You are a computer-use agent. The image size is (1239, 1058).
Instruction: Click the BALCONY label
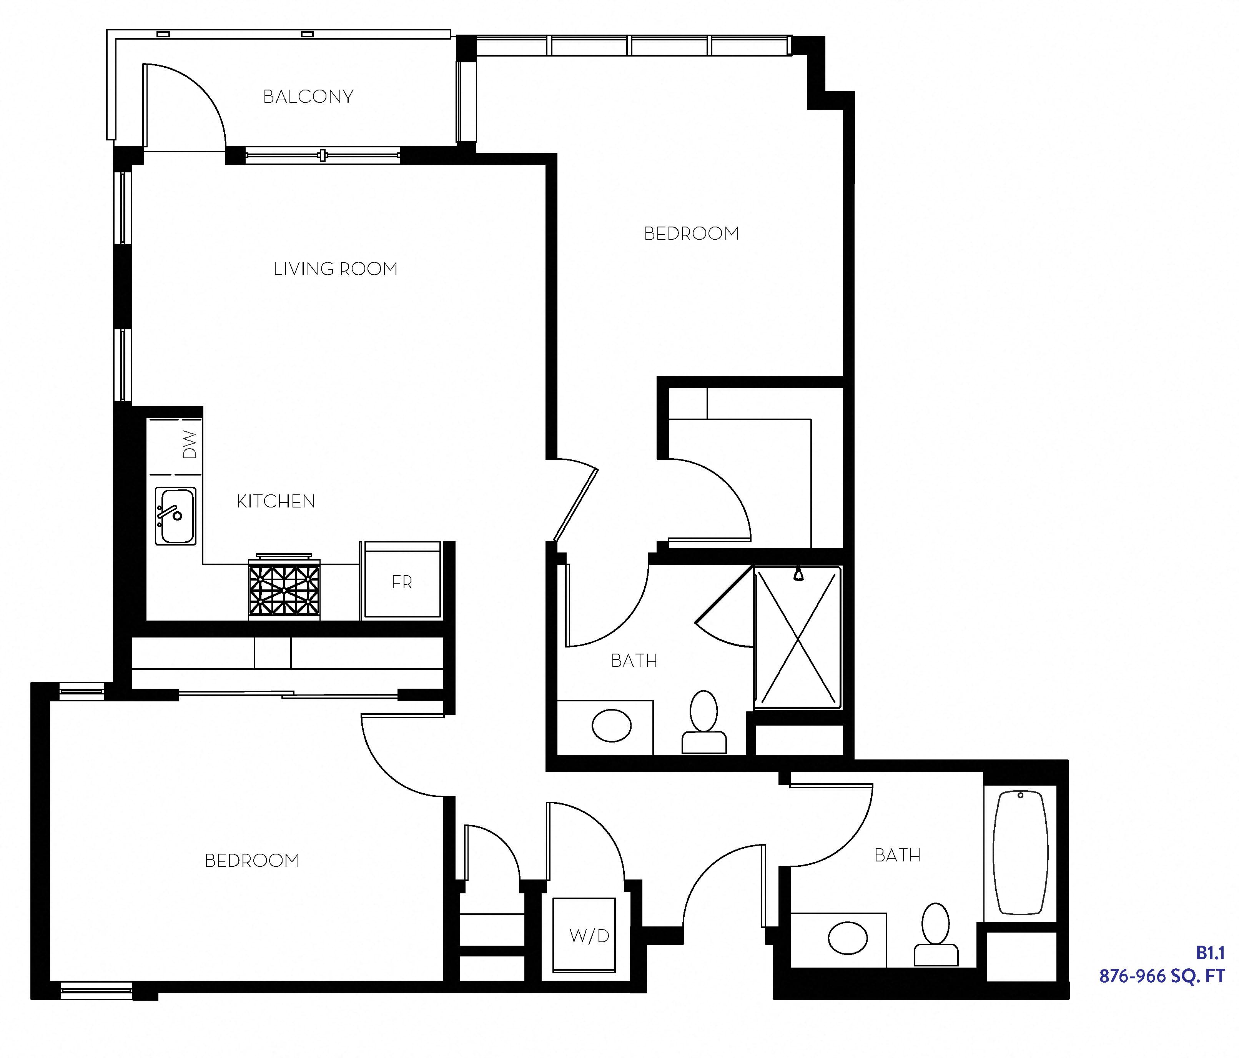(x=308, y=96)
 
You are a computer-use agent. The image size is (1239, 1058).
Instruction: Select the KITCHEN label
(x=276, y=501)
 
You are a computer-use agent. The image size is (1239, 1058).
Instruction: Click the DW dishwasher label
(x=189, y=445)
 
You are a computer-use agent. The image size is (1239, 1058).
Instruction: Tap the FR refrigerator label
(x=402, y=582)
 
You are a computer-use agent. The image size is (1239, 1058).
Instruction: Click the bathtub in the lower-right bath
(x=1020, y=852)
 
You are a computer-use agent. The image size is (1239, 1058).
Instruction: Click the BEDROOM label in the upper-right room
(x=691, y=234)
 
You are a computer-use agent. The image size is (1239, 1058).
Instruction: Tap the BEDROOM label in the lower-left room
(x=252, y=861)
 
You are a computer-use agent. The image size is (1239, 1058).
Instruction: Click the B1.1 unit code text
(x=1210, y=953)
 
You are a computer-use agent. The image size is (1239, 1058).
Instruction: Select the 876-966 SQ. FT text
(x=1161, y=976)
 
